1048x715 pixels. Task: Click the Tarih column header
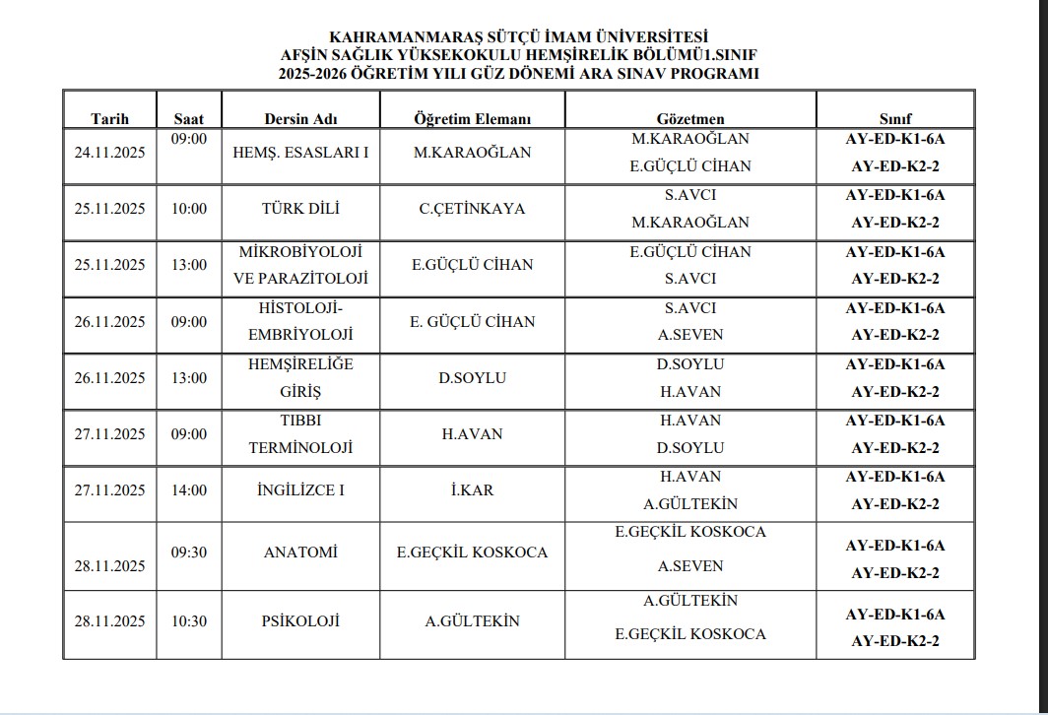(x=109, y=119)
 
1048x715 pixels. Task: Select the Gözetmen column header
(x=690, y=119)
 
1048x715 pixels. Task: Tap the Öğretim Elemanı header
(x=472, y=119)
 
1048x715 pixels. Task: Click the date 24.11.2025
(x=109, y=153)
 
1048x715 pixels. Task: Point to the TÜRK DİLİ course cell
(x=300, y=209)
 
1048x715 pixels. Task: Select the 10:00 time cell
(x=189, y=209)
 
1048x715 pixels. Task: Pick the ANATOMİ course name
(x=300, y=552)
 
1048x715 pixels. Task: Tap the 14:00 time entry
(x=189, y=490)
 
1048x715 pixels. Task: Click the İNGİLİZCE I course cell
(x=300, y=490)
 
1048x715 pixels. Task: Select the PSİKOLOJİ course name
(x=300, y=621)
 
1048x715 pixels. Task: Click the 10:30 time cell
(x=189, y=621)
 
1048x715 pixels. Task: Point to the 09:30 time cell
(x=189, y=552)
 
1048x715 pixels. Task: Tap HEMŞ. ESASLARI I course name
(x=300, y=153)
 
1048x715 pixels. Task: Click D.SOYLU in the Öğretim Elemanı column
(x=472, y=378)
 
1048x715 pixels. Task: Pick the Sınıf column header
(x=895, y=119)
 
